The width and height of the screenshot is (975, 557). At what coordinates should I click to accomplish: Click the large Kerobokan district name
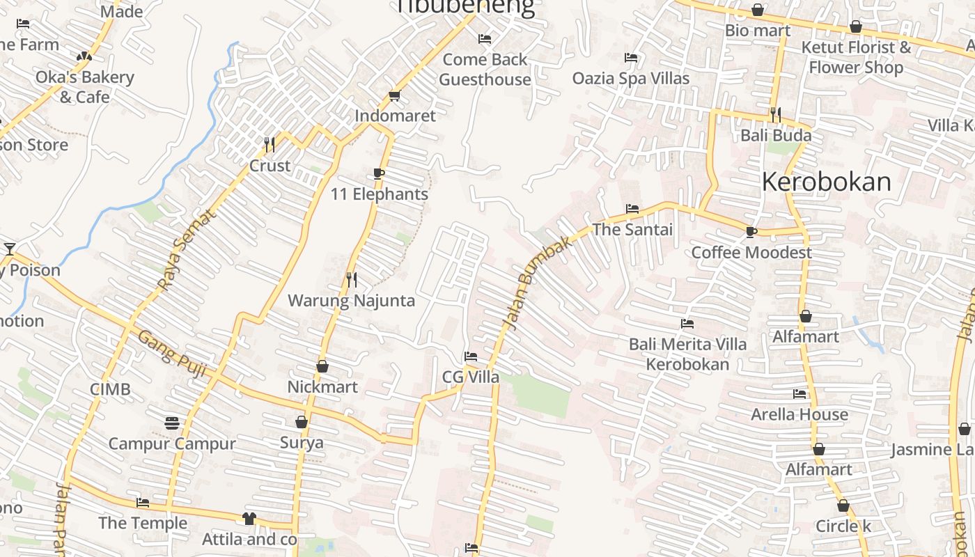pos(826,182)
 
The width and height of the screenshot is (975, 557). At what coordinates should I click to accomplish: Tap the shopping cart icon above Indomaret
pos(395,95)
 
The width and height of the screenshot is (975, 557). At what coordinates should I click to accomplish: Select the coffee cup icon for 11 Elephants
pos(379,173)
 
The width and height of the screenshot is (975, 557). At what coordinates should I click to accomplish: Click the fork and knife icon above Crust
pos(270,144)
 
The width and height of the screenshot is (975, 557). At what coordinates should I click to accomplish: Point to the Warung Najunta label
pos(351,301)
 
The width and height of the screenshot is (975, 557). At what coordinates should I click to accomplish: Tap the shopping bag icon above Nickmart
pos(322,366)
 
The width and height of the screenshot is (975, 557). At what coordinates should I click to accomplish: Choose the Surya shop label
pos(302,443)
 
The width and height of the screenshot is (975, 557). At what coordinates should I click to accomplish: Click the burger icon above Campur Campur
pos(172,423)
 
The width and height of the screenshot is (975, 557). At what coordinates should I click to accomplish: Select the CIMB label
pos(110,389)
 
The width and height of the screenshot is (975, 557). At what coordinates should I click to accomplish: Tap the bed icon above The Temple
pos(143,502)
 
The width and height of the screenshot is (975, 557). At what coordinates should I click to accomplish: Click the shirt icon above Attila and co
pos(249,518)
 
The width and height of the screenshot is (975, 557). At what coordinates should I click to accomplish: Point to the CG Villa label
pos(471,377)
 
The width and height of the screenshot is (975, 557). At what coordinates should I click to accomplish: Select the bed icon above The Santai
pos(632,208)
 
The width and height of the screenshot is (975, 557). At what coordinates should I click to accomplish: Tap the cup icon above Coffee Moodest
pos(751,231)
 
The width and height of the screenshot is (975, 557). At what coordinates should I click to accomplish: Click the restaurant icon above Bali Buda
pos(776,113)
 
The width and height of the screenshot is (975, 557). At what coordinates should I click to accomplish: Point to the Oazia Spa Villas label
pos(631,78)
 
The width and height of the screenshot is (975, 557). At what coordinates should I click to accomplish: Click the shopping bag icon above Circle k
pos(843,505)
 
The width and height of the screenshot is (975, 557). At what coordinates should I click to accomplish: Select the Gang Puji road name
pos(172,354)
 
